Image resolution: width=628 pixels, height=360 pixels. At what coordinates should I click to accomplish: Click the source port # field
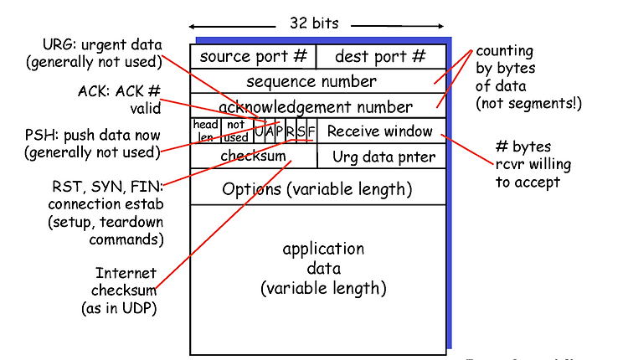pos(253,56)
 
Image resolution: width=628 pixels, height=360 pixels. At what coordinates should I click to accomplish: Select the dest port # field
pos(381,56)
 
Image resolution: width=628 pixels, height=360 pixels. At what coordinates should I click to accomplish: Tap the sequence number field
pos(318,81)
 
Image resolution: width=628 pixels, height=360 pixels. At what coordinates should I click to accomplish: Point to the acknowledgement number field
pos(318,106)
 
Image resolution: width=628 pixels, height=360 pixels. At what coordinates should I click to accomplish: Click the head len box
pos(206,131)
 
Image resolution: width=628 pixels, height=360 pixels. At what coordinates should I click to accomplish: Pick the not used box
pos(238,131)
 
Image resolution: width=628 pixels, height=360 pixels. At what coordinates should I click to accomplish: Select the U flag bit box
pos(259,131)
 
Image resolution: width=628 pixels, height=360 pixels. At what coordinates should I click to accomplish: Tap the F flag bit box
pos(311,131)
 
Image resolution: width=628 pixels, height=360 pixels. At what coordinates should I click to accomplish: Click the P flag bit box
pos(280,131)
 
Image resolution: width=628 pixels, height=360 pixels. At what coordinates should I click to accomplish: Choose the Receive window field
pos(381,131)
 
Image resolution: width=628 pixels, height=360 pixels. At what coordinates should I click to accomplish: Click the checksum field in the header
pos(254,156)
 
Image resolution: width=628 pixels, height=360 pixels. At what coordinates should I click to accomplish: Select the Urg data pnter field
pos(382,156)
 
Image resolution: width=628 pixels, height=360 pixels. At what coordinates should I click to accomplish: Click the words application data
pos(323,259)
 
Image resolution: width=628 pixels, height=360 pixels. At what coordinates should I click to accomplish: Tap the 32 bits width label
pos(314,23)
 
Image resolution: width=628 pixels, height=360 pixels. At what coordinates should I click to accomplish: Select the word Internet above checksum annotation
pos(126,273)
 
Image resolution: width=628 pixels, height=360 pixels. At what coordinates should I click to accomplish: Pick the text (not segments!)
pos(528,104)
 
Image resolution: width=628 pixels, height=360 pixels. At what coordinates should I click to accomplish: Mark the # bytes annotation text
pos(523,147)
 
